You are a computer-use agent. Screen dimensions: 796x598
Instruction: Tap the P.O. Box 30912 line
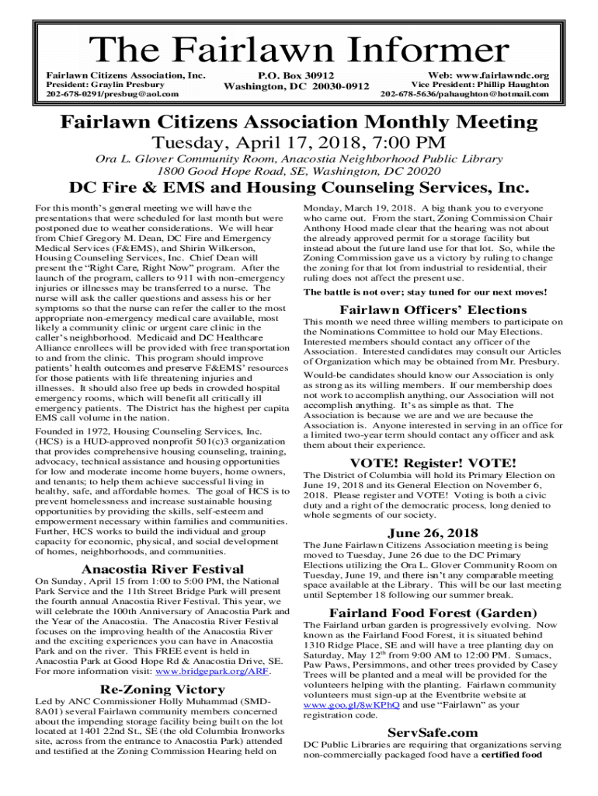(x=296, y=75)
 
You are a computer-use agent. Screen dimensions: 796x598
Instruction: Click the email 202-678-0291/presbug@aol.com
(x=112, y=94)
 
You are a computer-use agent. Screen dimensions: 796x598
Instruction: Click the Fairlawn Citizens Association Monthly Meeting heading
(x=299, y=122)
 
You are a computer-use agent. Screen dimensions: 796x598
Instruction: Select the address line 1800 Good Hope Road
(x=299, y=170)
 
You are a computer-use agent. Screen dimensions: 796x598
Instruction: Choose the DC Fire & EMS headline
(x=299, y=188)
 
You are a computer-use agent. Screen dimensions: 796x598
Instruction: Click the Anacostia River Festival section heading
(x=162, y=569)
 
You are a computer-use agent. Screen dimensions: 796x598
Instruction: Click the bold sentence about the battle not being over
(x=425, y=292)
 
